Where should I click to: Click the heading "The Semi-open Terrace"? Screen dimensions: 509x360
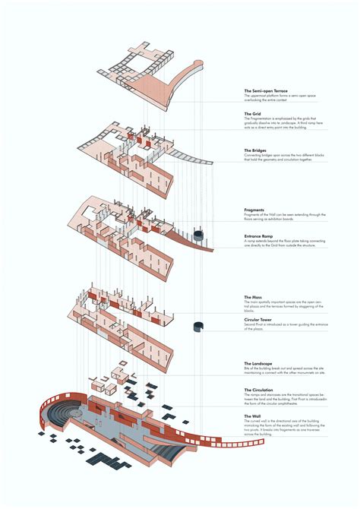pos(267,91)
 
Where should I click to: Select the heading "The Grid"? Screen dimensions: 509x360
pos(254,115)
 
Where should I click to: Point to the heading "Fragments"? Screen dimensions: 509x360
pos(254,210)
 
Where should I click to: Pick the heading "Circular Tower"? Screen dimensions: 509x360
pos(259,321)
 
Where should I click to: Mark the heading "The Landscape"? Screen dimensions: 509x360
pos(259,365)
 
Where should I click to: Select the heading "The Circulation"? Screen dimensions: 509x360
pos(260,390)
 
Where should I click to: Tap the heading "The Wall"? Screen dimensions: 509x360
pos(253,416)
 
